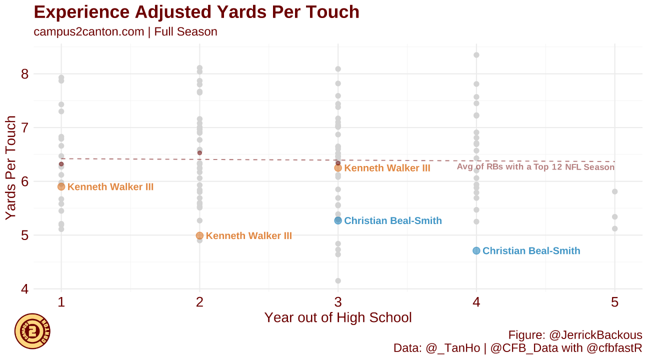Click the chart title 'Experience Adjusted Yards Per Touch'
[x=196, y=12]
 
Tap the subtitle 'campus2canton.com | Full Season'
[x=125, y=32]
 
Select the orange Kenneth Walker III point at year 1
[x=61, y=186]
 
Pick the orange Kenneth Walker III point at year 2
[x=199, y=235]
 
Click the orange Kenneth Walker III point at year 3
[x=338, y=168]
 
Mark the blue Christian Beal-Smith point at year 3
[x=338, y=220]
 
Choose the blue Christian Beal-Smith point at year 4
[x=476, y=250]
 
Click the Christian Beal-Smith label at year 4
[x=531, y=250]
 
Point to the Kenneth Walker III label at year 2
[x=248, y=235]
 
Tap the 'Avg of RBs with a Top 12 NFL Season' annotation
[x=535, y=167]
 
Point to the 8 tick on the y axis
[x=24, y=74]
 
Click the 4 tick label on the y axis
[x=24, y=289]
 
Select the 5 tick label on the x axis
[x=614, y=302]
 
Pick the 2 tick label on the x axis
[x=199, y=302]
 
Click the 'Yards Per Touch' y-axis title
[x=11, y=168]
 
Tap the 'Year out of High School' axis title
[x=338, y=318]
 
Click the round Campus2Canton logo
[x=32, y=331]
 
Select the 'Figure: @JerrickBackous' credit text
[x=575, y=334]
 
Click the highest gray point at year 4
[x=476, y=55]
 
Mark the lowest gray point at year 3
[x=338, y=281]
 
